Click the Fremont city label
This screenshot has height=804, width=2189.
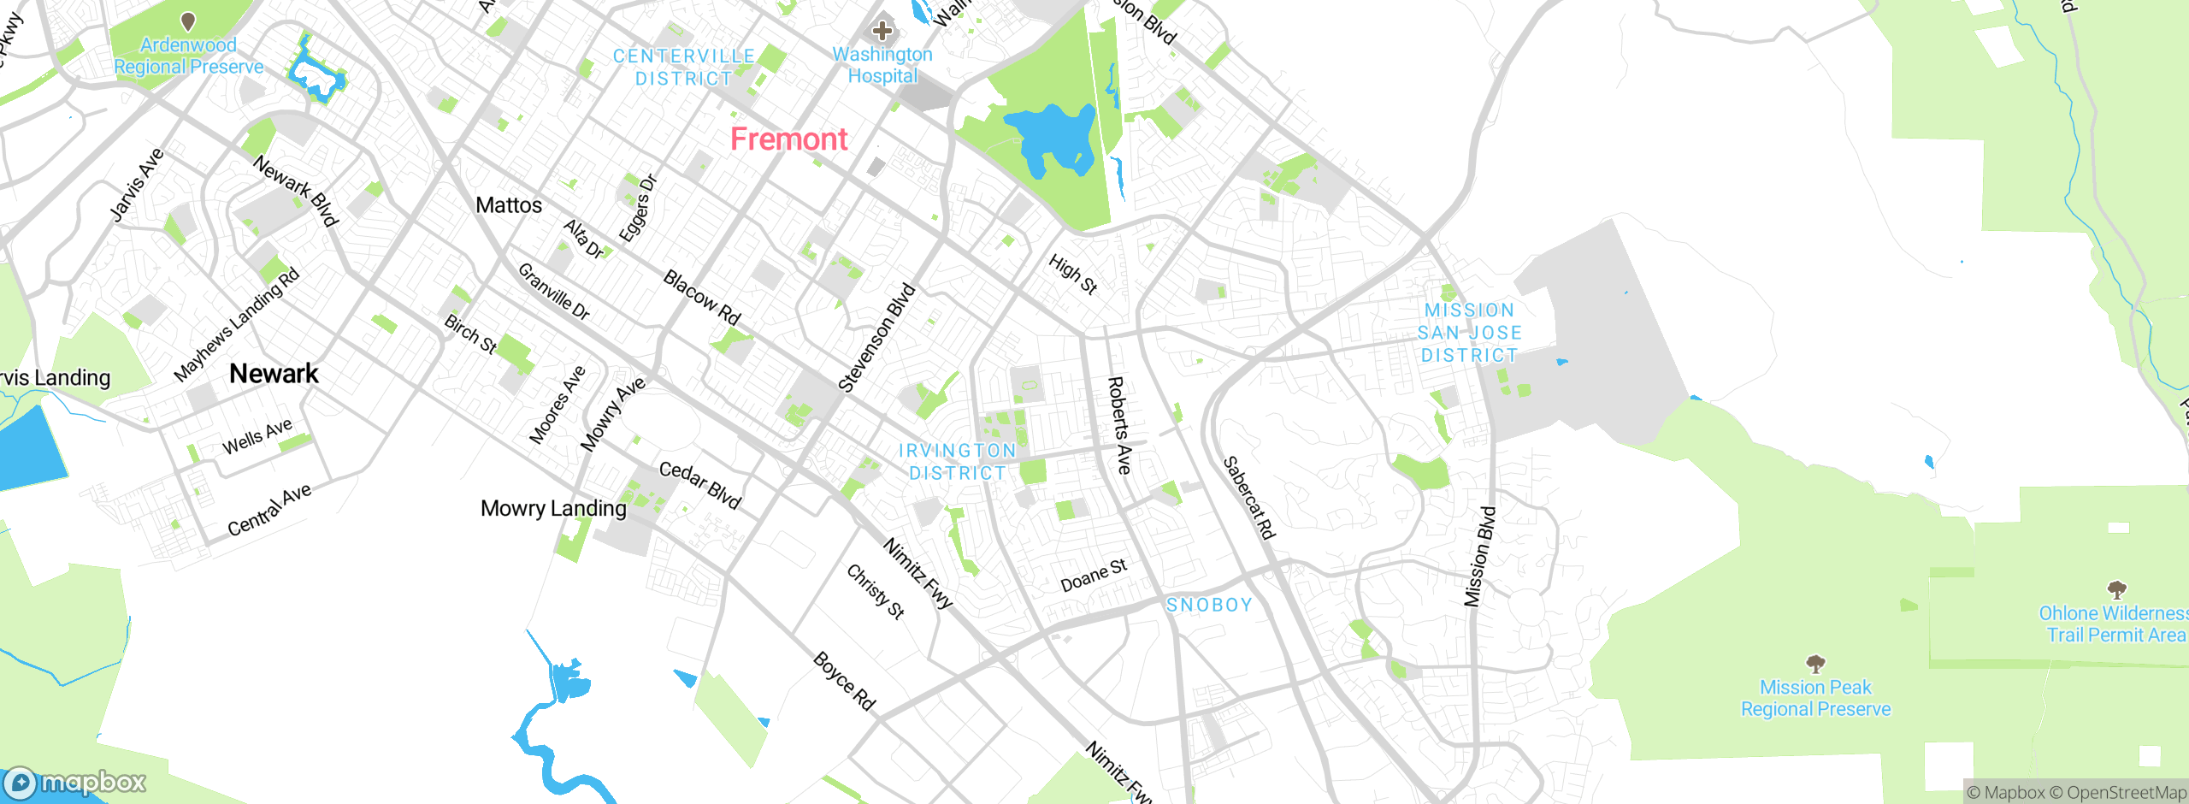pyautogui.click(x=788, y=139)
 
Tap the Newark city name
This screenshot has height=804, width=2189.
pyautogui.click(x=274, y=374)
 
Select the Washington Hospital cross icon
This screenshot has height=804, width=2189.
pyautogui.click(x=882, y=32)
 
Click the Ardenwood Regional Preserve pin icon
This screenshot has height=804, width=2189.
pyautogui.click(x=188, y=21)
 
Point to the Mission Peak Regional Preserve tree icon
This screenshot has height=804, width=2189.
pyautogui.click(x=1815, y=664)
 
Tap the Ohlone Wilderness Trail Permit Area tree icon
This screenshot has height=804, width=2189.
pyautogui.click(x=2116, y=589)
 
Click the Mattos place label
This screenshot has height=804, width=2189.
pyautogui.click(x=509, y=205)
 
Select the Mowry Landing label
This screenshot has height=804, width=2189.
pyautogui.click(x=553, y=509)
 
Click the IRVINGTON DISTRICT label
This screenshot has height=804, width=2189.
pyautogui.click(x=957, y=462)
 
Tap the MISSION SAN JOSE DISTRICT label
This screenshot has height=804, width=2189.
pyautogui.click(x=1469, y=333)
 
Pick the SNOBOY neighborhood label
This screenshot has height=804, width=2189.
pyautogui.click(x=1209, y=605)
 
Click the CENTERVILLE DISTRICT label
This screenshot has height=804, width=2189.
pyautogui.click(x=684, y=67)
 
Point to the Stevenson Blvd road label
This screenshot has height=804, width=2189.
pyautogui.click(x=876, y=338)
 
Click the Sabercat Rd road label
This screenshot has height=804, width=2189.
pyautogui.click(x=1249, y=498)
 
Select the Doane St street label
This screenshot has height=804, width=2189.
pyautogui.click(x=1094, y=576)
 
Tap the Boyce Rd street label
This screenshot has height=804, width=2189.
pyautogui.click(x=844, y=681)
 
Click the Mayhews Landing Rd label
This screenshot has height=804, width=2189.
pyautogui.click(x=237, y=324)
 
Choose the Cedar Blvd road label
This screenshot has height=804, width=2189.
pyautogui.click(x=699, y=485)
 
